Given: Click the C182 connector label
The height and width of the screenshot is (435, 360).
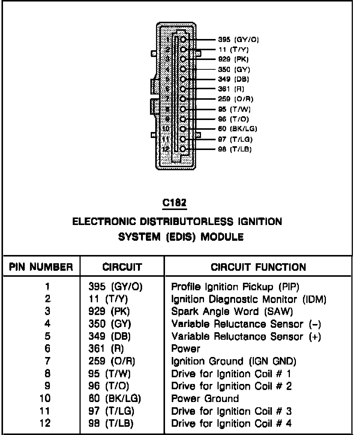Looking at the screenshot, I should [x=175, y=203].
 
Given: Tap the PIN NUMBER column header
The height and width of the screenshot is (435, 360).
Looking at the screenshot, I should [x=41, y=267].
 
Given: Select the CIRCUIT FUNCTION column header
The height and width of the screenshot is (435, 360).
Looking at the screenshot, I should [x=258, y=267].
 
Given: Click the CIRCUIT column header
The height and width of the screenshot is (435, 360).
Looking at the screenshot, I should [x=122, y=267].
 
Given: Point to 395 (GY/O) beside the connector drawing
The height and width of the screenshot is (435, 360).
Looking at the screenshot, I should [x=238, y=39].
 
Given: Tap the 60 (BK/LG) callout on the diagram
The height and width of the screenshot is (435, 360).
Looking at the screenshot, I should [x=237, y=129].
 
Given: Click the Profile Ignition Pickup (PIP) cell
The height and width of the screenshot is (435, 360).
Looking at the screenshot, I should [x=235, y=287].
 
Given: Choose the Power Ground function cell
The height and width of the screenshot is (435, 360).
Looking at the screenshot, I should [x=205, y=398].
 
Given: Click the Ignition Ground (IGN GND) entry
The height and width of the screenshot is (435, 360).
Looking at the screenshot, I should [x=234, y=361].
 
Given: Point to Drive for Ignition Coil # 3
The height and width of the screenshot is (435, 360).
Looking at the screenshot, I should [x=231, y=411].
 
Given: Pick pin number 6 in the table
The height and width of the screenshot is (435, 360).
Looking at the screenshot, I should [x=47, y=349].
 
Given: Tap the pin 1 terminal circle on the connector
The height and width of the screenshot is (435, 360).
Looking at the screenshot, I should [x=183, y=39].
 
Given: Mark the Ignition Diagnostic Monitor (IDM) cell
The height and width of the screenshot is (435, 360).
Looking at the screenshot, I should [x=249, y=300].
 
